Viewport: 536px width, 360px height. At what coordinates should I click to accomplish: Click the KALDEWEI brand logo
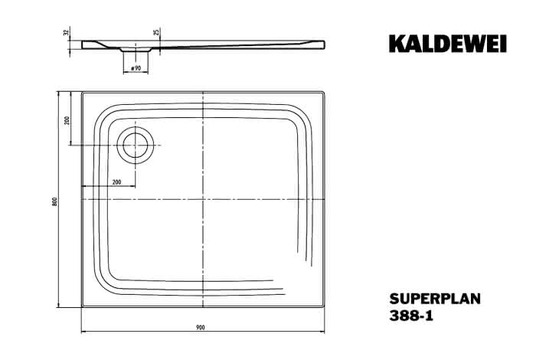pos(447,44)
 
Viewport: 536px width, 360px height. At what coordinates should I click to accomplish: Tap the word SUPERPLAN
pos(435,299)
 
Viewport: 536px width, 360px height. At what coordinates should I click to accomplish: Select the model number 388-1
pos(411,316)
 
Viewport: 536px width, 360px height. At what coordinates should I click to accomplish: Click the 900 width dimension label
pos(201,328)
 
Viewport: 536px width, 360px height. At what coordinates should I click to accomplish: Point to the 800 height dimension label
pos(54,201)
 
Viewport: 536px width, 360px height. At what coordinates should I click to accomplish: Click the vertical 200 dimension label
pos(67,120)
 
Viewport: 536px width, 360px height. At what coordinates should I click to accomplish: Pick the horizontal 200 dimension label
pos(117,182)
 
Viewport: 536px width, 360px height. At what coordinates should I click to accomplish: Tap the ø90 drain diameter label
pos(136,68)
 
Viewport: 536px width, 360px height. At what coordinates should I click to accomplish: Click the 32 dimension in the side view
pos(67,33)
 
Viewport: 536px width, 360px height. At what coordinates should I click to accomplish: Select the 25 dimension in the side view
pos(156,33)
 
